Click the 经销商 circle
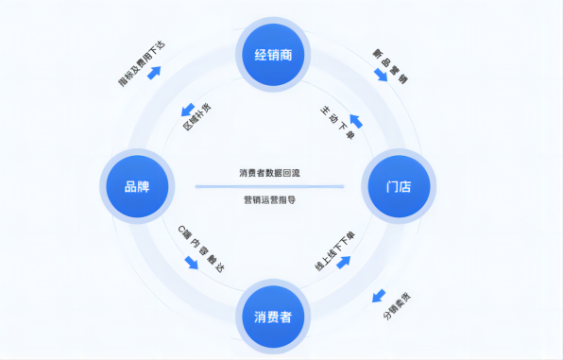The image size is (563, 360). pos(273,55)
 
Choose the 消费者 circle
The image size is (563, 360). pos(273,315)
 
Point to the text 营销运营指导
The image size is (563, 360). pos(269,199)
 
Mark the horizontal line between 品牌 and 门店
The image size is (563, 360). pos(269,187)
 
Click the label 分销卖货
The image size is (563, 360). pos(397,308)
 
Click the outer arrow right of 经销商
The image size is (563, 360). pos(381,74)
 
